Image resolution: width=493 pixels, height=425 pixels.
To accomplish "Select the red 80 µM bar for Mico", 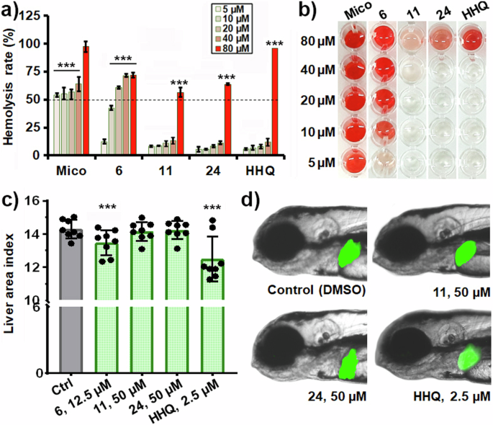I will [86, 101].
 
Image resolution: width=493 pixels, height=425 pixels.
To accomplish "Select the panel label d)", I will [261, 197].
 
